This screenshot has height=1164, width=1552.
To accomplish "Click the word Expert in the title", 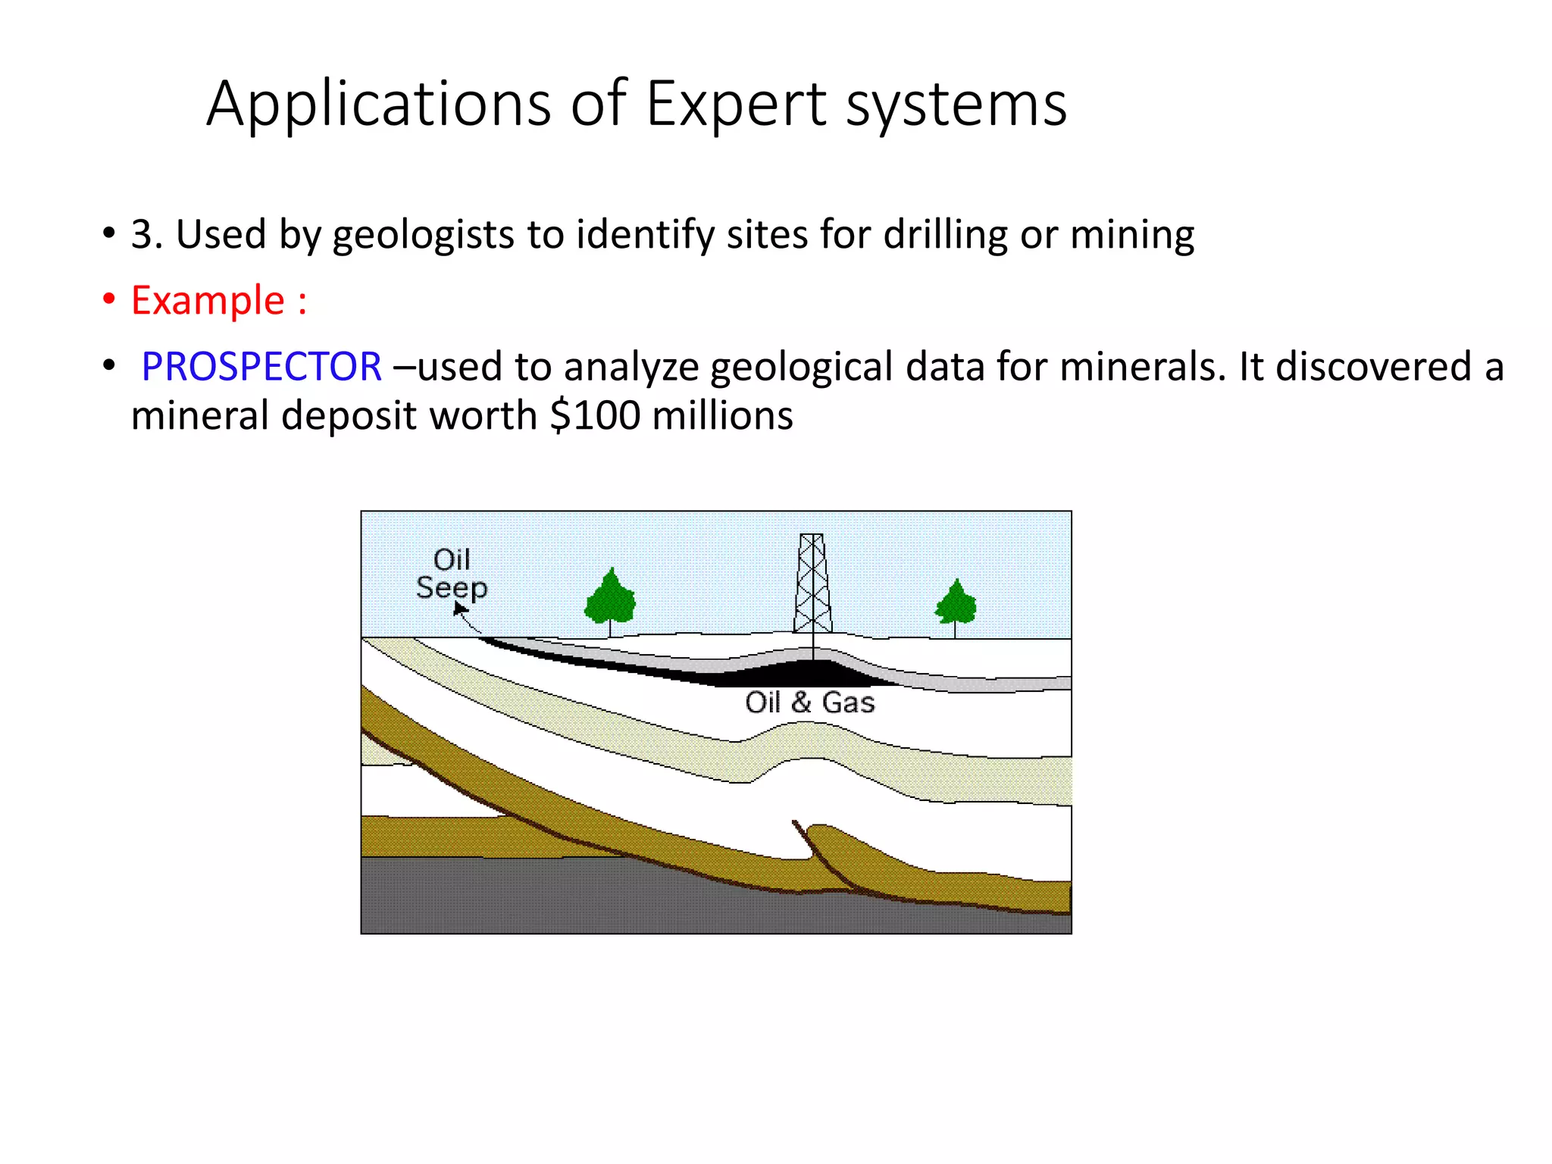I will [735, 105].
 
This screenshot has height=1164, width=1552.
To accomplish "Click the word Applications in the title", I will [379, 105].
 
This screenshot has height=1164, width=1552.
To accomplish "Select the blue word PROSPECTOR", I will [261, 367].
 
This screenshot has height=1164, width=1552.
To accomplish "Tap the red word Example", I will [208, 300].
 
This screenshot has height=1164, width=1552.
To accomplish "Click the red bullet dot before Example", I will [110, 299].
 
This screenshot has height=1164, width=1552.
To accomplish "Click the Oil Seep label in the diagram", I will [452, 574].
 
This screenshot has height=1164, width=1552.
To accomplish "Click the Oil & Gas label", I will [809, 702].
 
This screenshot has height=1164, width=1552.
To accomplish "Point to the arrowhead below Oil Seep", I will [459, 609].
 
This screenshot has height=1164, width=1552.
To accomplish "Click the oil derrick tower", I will [812, 584].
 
